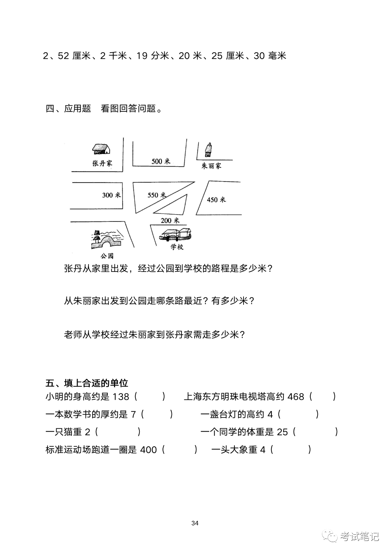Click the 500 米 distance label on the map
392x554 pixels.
pos(161,161)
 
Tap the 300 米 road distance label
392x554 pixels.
pos(111,195)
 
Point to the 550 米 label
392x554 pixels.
pos(156,195)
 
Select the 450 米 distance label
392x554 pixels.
pos(216,200)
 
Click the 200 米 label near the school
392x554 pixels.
pos(170,220)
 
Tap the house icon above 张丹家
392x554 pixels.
pos(101,148)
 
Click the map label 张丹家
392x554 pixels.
pos(102,163)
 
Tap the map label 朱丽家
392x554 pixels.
pos(211,166)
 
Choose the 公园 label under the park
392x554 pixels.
pos(107,256)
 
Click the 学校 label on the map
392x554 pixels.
pos(177,247)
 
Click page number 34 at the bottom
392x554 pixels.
pos(195,523)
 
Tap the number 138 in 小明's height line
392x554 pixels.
pos(121,397)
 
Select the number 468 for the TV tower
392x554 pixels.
pos(295,397)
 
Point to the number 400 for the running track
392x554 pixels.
pos(148,450)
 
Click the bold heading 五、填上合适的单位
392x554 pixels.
pos(87,383)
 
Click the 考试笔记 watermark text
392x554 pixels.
pos(359,536)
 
